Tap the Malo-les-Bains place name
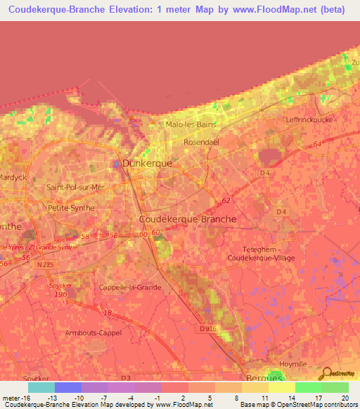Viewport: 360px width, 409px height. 191,124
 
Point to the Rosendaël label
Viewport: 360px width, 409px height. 202,141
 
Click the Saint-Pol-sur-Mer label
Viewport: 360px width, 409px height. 75,187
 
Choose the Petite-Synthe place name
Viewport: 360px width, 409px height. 70,208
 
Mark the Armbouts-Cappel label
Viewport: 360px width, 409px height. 93,332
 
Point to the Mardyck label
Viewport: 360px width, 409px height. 13,177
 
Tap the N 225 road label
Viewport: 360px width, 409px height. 44,264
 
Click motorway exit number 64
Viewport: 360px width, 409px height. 318,144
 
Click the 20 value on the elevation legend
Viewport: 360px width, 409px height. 345,398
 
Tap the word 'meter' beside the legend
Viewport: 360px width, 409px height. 11,398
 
